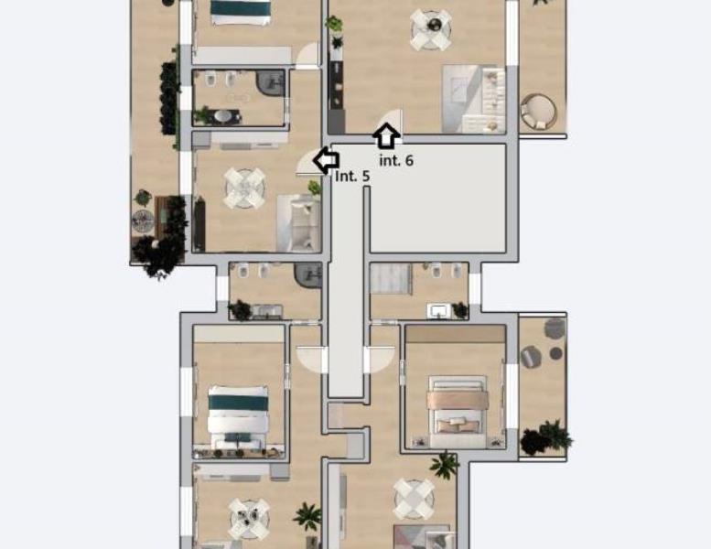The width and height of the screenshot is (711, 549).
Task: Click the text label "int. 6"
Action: [396, 160]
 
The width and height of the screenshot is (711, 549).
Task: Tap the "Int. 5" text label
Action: [352, 176]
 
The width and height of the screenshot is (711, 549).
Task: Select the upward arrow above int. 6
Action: [386, 136]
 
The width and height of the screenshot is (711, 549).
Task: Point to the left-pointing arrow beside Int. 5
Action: [326, 159]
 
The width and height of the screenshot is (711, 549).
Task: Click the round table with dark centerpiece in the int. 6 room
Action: [431, 29]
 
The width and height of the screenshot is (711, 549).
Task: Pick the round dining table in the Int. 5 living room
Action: [245, 188]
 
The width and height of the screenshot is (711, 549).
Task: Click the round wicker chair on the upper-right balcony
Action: [538, 112]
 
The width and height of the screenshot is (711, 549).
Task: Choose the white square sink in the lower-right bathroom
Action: [438, 311]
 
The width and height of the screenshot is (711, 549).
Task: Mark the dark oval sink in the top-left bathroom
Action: [222, 116]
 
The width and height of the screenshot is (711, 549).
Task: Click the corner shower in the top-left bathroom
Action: [270, 83]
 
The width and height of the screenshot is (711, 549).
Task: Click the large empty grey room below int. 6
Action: [437, 199]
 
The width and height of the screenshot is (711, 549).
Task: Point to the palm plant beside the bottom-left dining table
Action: [307, 516]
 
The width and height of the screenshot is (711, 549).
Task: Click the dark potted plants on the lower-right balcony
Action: [545, 437]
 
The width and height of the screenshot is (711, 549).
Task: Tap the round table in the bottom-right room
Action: [414, 499]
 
